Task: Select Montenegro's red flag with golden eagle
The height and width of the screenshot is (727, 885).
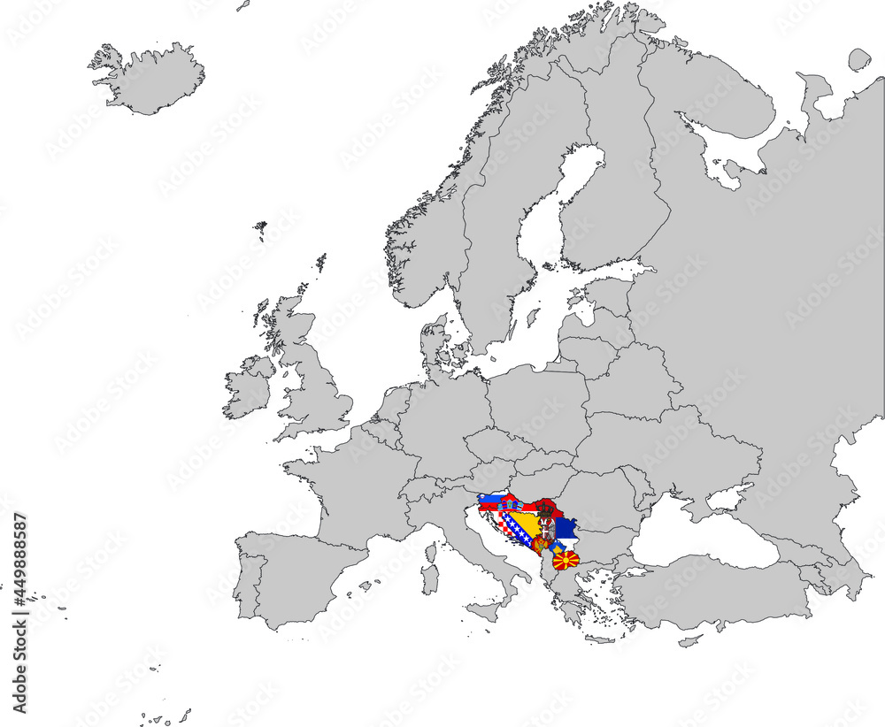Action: tap(539, 545)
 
